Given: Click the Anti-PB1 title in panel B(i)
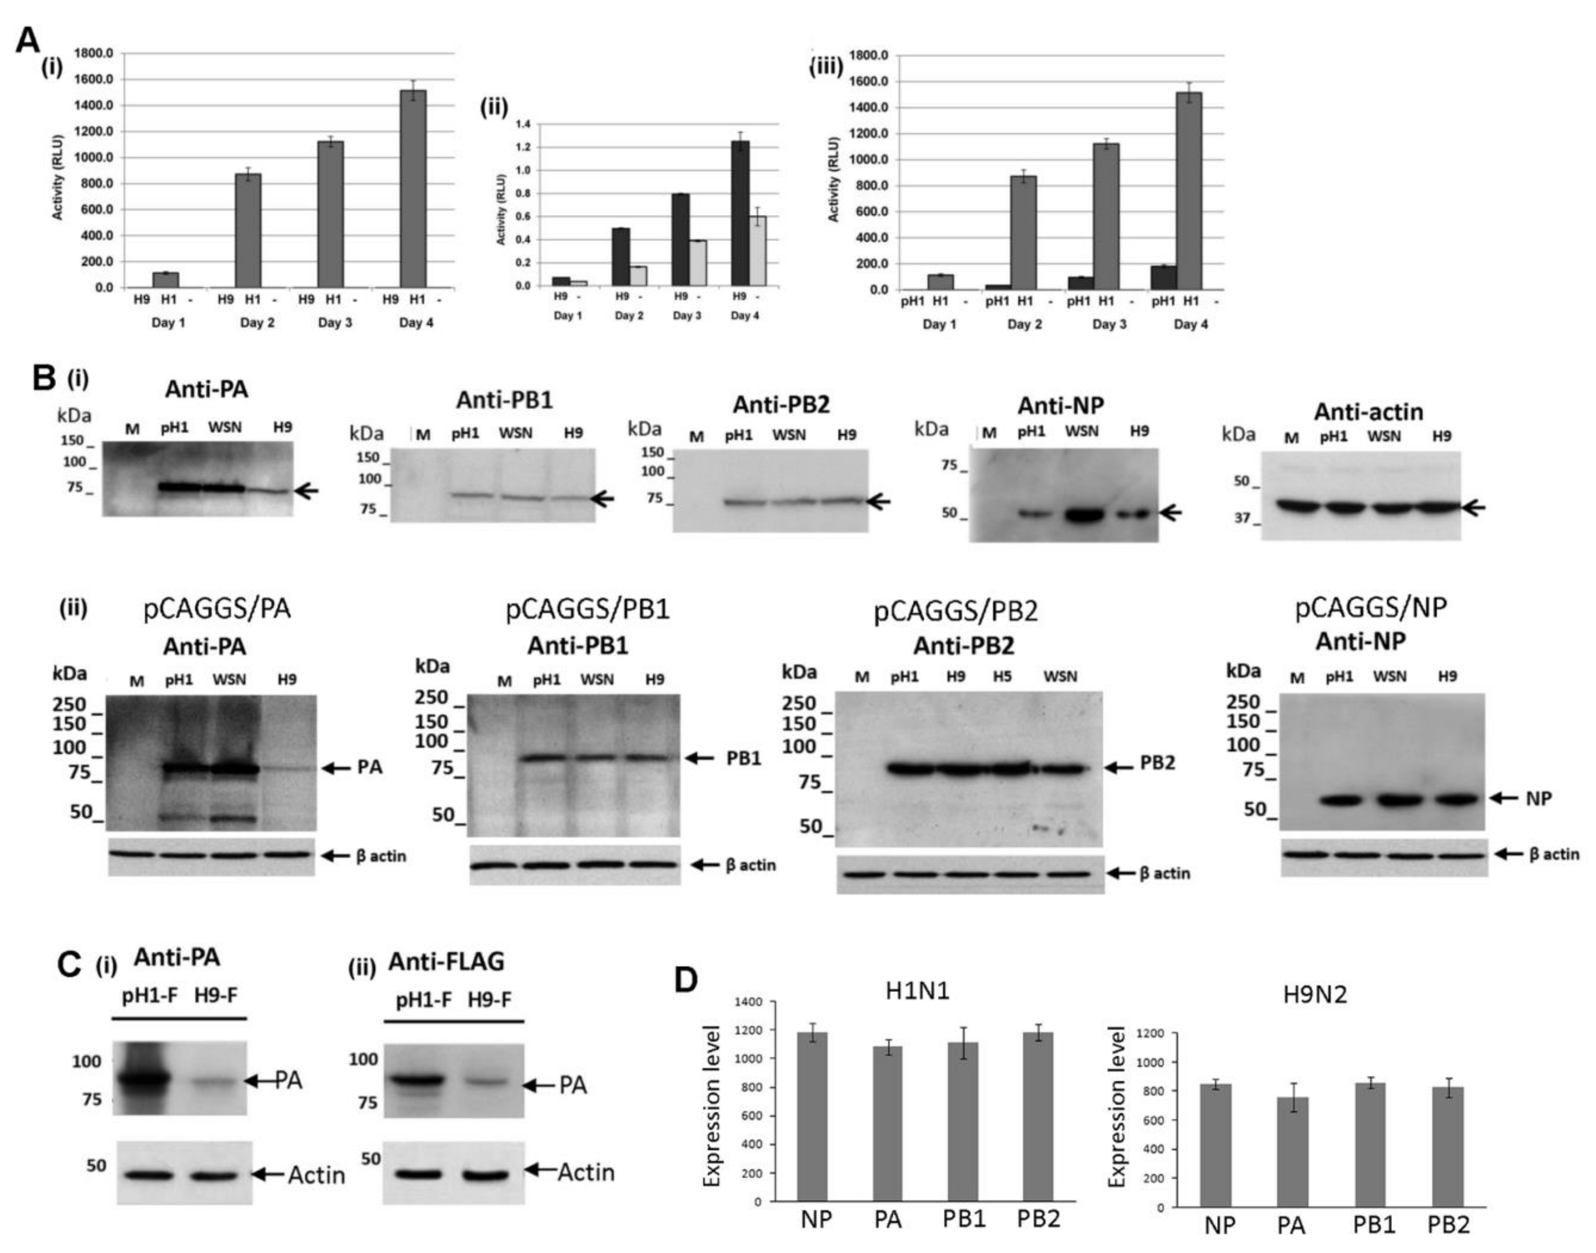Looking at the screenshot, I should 504,400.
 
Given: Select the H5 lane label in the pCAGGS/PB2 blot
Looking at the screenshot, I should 1001,676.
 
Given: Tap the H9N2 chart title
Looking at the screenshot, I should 1314,995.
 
